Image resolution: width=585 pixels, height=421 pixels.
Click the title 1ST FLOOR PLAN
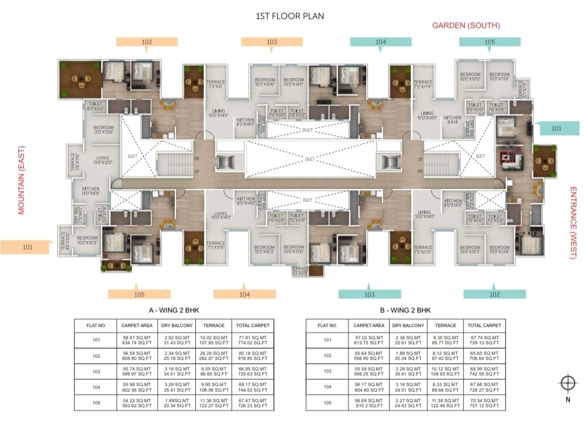tap(289, 16)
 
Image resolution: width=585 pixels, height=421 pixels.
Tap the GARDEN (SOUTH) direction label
tap(466, 26)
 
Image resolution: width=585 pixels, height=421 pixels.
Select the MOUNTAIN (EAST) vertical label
tap(22, 177)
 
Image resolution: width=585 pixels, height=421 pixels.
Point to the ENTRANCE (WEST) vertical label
tap(573, 223)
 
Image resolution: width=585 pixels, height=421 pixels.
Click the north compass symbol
tap(567, 383)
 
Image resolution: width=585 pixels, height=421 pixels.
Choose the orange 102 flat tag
tap(147, 42)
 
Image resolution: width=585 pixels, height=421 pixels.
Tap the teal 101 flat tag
tap(557, 128)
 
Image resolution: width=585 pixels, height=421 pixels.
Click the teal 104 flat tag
tap(381, 42)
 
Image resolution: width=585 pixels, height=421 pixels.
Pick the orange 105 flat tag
tap(139, 294)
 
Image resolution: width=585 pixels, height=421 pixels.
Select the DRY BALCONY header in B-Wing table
tap(408, 325)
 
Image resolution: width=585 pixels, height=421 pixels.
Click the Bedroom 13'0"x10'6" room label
tap(103, 130)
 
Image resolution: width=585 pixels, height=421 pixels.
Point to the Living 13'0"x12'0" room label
tap(102, 160)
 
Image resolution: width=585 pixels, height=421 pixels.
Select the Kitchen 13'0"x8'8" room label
tap(90, 191)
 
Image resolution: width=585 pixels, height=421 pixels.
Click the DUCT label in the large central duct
tap(309, 159)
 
